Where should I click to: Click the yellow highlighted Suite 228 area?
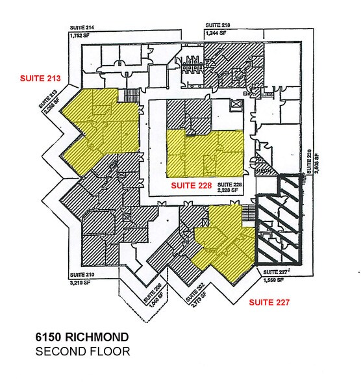click(205, 153)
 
